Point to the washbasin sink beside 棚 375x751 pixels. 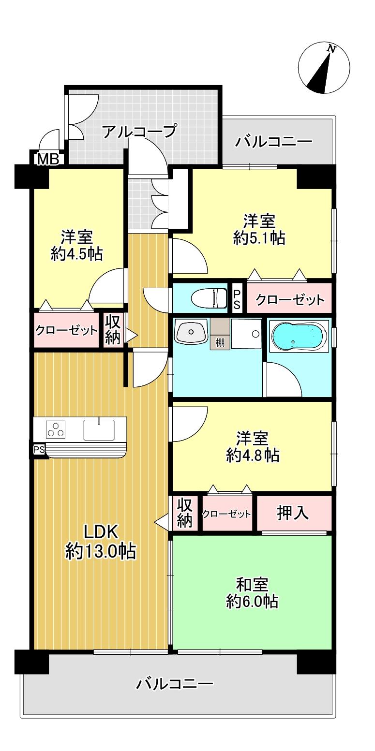pos(191,333)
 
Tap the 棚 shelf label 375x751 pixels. pos(220,343)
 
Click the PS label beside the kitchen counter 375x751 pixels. pos(39,450)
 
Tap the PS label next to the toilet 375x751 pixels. pos(237,297)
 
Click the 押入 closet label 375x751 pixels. pos(293,514)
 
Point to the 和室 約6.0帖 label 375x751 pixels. pos(252,593)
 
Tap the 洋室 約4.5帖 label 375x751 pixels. pos(77,245)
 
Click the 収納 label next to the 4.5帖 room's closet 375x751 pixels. pos(113,330)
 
